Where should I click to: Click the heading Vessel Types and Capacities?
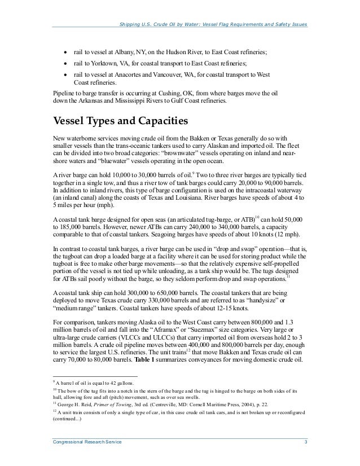[121, 122]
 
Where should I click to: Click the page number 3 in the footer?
[305, 448]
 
